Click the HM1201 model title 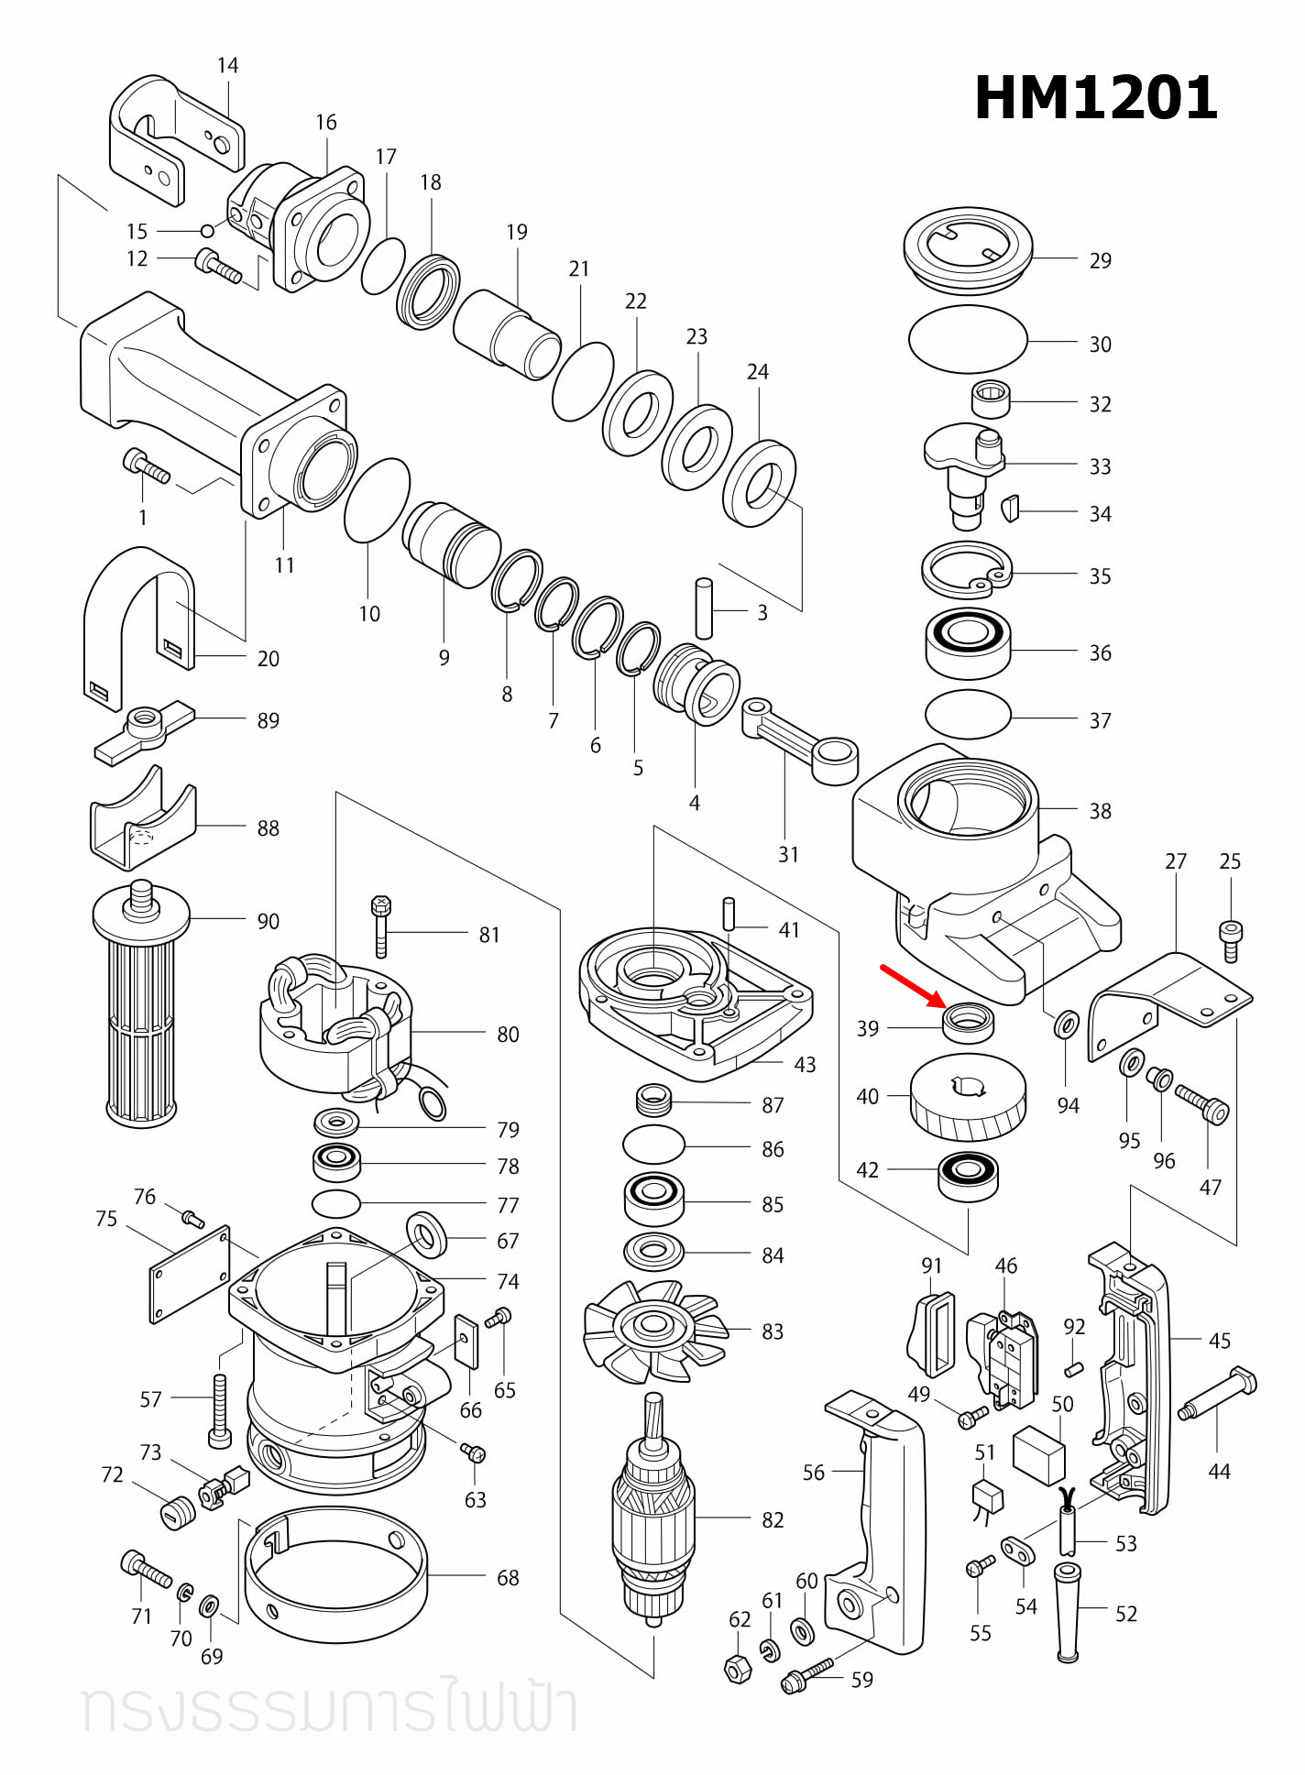1095,98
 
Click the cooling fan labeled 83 653,1330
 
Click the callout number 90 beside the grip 268,921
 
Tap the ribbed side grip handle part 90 142,1017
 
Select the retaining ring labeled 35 966,570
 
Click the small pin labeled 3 704,608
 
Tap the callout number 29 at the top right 1100,261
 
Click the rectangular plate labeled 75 190,1275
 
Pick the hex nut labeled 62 739,1670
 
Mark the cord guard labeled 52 1067,1612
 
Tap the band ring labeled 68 336,1576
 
